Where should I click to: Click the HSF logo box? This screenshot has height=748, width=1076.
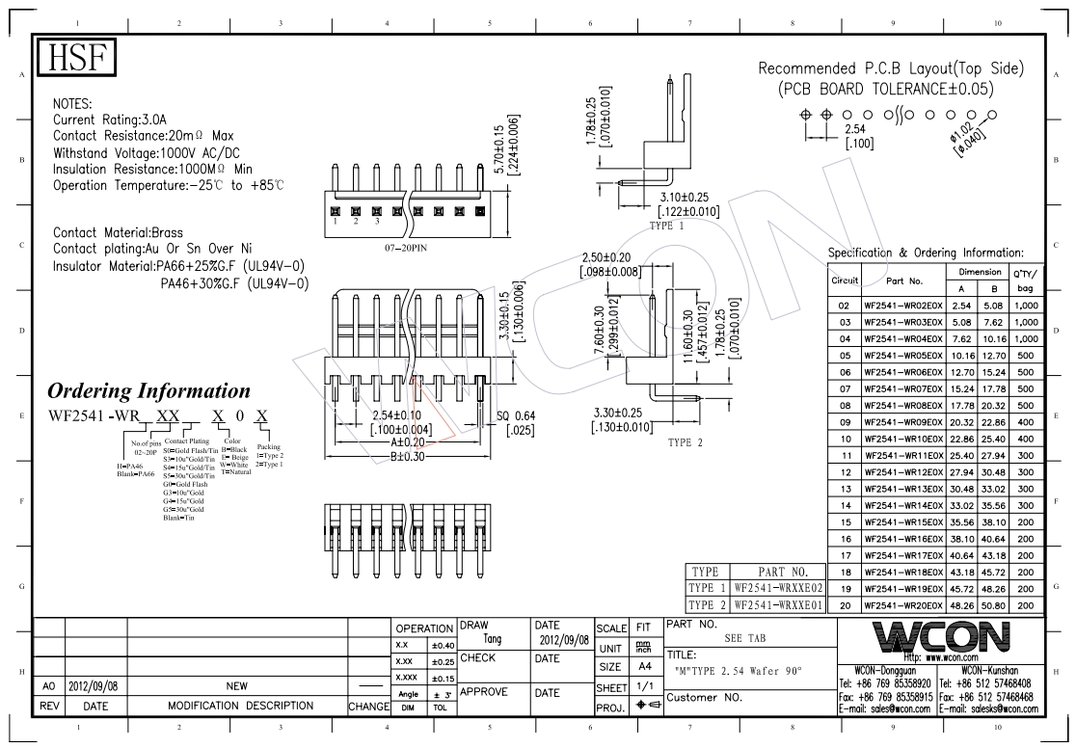pos(76,60)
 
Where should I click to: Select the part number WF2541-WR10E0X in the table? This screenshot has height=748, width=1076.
pos(903,438)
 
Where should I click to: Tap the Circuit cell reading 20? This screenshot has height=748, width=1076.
pos(844,605)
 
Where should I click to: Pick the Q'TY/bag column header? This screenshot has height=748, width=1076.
pos(1024,280)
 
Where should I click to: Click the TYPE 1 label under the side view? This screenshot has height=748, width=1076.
pos(666,227)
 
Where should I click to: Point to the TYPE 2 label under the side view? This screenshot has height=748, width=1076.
pos(686,443)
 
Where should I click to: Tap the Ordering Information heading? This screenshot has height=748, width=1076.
pos(148,391)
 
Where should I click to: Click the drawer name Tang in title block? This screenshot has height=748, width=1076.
pos(492,639)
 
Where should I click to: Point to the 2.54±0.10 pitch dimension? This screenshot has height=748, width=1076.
pos(402,415)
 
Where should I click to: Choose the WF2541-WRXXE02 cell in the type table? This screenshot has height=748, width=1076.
pos(777,587)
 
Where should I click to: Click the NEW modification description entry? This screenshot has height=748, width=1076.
pos(236,685)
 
